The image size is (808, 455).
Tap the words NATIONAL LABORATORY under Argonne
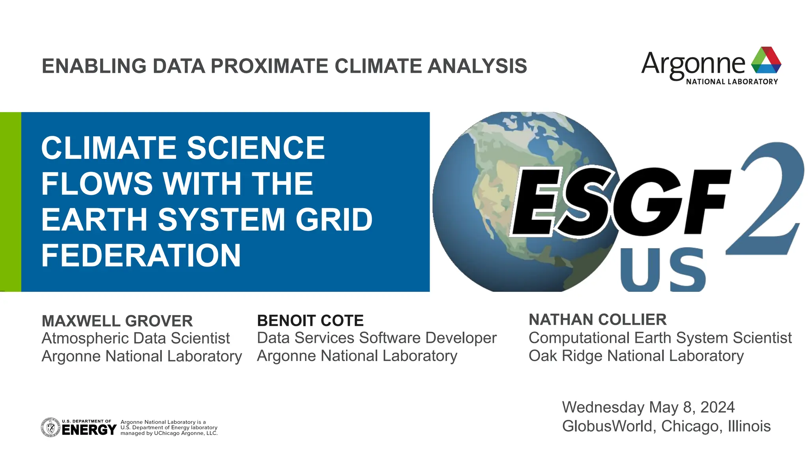[732, 82]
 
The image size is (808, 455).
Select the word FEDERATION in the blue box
[141, 256]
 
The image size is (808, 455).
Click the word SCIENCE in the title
[256, 148]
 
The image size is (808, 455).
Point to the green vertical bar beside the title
[11, 202]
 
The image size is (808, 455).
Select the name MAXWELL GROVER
[117, 321]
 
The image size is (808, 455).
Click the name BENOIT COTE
[310, 321]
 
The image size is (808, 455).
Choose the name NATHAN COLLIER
[597, 320]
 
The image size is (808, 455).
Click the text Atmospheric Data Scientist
[136, 338]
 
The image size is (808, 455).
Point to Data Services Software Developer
[376, 338]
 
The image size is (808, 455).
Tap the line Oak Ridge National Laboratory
[636, 356]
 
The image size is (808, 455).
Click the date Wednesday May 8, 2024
[648, 407]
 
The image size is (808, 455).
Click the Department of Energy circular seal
[50, 427]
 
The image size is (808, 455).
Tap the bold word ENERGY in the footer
[89, 430]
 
